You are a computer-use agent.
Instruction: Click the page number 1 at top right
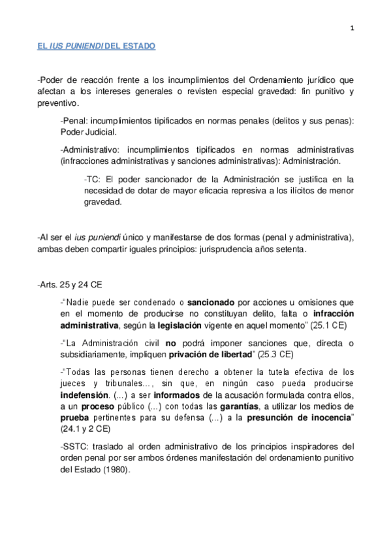click(352, 27)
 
